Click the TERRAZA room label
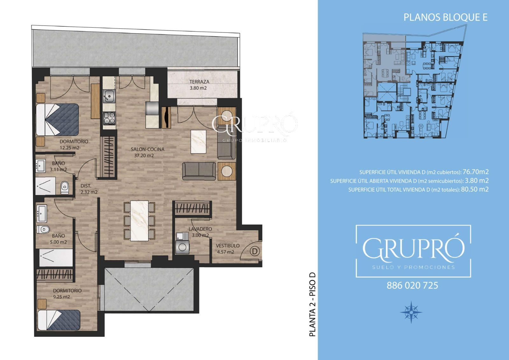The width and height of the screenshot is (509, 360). point(199,81)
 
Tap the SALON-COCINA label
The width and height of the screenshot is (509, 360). point(148,149)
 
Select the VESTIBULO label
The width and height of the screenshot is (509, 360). point(228,246)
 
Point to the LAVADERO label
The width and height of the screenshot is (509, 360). point(200,229)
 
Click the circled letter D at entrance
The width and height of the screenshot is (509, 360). point(255,251)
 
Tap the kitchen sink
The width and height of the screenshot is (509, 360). point(109,96)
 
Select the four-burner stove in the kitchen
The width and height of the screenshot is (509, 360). point(109,118)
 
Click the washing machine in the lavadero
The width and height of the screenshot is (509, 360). point(182,247)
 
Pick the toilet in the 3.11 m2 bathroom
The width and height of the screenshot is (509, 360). point(65,187)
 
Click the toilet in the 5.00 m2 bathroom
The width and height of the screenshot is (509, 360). point(43,229)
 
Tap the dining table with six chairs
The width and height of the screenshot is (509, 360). point(139,221)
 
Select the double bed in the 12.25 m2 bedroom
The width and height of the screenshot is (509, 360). point(57,120)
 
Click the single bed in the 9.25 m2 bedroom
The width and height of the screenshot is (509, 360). point(59,320)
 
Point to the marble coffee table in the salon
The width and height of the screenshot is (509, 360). point(199,141)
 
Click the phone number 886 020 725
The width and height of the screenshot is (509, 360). point(412,286)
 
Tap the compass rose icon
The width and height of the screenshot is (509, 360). point(411,312)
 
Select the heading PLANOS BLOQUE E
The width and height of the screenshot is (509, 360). point(445,18)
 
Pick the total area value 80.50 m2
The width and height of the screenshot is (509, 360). point(475,189)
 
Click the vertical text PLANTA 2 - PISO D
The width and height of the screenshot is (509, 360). point(312,305)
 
